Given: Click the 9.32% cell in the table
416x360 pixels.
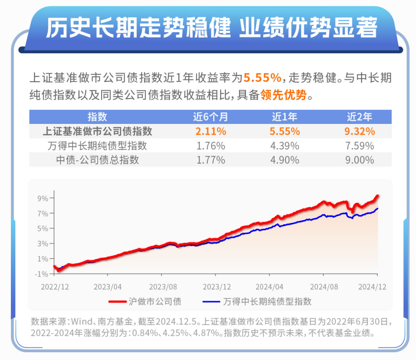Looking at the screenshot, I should click(361, 132).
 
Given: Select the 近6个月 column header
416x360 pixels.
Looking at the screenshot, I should click(210, 117).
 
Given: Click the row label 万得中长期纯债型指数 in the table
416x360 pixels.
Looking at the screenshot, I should click(97, 146).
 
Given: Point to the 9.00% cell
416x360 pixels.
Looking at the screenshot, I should click(361, 160).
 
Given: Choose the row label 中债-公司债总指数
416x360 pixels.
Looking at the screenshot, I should click(97, 160).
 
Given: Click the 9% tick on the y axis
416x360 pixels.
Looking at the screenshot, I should click(43, 198).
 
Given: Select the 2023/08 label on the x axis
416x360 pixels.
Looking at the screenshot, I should click(162, 287).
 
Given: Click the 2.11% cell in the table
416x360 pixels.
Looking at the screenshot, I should click(210, 132).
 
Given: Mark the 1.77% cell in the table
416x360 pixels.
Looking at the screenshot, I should click(210, 160).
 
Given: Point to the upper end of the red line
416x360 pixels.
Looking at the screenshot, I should click(378, 196).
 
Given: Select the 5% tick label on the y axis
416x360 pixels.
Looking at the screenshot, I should click(43, 228).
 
